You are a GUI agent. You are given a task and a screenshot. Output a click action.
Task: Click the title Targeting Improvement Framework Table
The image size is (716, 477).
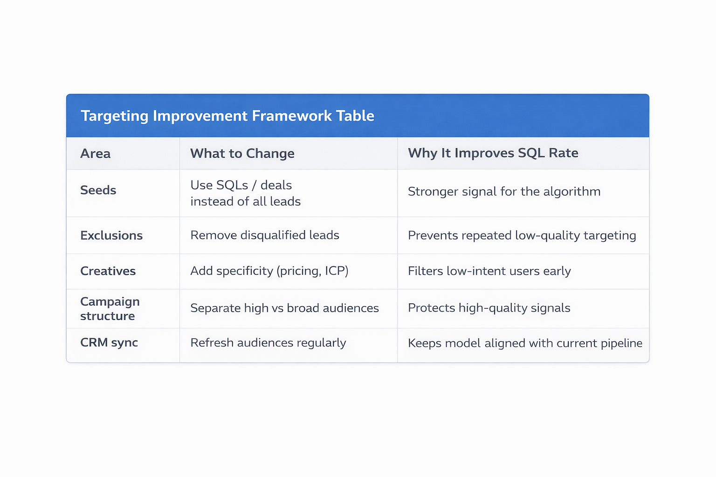coord(227,116)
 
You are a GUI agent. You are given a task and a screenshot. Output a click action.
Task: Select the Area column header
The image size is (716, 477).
coord(95,153)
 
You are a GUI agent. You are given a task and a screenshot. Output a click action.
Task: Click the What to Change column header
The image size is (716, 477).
coord(242,153)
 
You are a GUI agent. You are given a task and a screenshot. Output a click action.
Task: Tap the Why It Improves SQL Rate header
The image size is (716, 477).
coord(493,153)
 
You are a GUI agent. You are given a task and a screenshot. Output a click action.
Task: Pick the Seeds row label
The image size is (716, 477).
coord(98,190)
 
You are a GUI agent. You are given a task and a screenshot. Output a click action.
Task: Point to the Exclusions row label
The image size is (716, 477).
coord(111,235)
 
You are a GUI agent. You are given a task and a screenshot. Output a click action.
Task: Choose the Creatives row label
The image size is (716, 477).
coord(108,271)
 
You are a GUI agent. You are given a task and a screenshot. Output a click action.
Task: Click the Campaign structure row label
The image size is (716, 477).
coord(110,308)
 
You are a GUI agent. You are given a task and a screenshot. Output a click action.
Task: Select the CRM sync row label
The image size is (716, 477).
coord(109,342)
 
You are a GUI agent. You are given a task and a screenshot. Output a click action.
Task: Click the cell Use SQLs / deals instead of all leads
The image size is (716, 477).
coord(245,193)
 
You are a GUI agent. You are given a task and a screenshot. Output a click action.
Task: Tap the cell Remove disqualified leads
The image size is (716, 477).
coord(264,235)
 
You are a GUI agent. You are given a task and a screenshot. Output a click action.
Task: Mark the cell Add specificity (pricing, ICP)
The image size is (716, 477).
coord(269,271)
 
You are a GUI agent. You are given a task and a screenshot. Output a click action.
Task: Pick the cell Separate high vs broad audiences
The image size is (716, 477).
coord(284,308)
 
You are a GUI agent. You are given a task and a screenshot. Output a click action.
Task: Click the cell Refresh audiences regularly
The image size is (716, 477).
coord(268,343)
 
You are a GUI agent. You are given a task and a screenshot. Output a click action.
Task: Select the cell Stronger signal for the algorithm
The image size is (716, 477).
coord(504,191)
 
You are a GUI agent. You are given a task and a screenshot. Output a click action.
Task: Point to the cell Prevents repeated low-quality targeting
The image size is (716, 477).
coord(522,235)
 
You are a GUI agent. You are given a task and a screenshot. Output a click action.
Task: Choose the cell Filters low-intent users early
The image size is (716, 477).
coord(489,271)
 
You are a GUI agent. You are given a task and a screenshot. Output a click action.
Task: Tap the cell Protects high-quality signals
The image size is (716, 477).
coord(489,308)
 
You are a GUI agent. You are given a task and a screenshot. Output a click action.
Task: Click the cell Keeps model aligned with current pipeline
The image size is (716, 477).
coord(525,343)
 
